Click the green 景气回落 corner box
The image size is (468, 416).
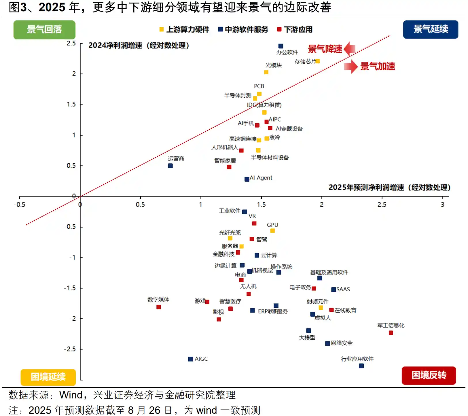(44, 29)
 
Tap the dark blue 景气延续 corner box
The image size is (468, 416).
(430, 29)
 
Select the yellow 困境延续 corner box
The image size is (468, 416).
(48, 377)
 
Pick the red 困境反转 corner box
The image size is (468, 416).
(429, 375)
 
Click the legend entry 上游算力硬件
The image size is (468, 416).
(184, 29)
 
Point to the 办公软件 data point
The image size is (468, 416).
(281, 46)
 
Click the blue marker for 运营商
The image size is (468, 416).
(170, 166)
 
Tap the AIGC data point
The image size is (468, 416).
(190, 359)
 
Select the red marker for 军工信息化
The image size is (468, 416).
(391, 333)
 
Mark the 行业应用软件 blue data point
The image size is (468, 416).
(361, 366)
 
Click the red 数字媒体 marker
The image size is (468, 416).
(159, 307)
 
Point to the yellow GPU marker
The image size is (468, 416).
(272, 231)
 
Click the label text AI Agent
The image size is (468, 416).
(261, 178)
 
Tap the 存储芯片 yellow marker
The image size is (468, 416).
(318, 61)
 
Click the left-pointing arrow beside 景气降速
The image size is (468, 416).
(349, 49)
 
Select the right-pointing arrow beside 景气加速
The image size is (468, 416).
(351, 67)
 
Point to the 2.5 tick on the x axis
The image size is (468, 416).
(382, 205)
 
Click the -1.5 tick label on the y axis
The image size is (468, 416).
(70, 288)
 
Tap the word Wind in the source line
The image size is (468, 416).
(71, 395)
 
